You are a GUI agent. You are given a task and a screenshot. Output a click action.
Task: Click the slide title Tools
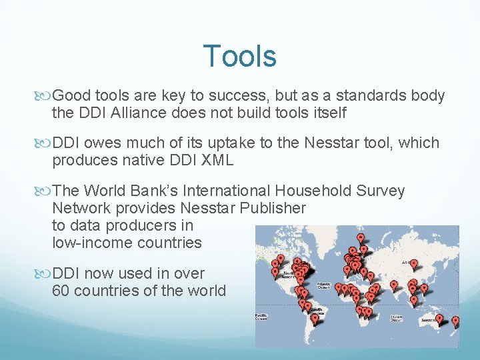(x=239, y=56)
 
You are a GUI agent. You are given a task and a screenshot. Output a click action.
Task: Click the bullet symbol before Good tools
(x=45, y=96)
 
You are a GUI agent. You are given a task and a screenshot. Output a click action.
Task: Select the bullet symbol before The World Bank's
(x=45, y=191)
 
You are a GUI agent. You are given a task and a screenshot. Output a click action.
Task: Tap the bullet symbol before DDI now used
(x=45, y=274)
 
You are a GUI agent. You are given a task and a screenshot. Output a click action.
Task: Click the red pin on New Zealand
(x=456, y=321)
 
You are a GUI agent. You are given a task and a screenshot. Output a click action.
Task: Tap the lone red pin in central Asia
(x=413, y=265)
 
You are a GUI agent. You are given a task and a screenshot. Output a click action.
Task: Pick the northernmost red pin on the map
(x=361, y=237)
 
